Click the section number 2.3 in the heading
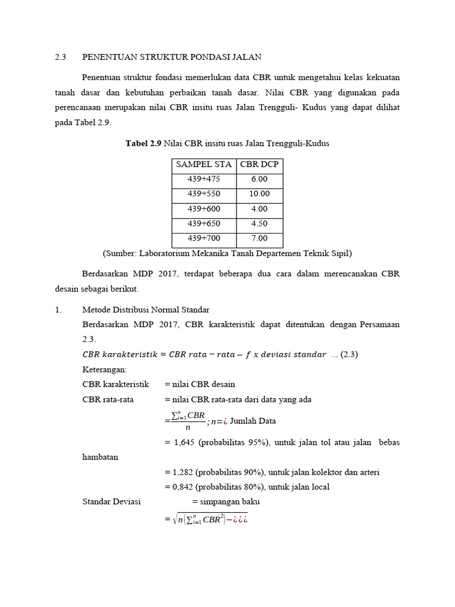pyautogui.click(x=60, y=57)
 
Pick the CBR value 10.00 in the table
pyautogui.click(x=259, y=194)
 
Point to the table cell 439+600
pyautogui.click(x=203, y=209)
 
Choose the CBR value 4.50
pyautogui.click(x=259, y=224)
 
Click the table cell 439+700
pyautogui.click(x=203, y=239)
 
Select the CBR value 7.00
pyautogui.click(x=259, y=239)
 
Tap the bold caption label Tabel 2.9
pyautogui.click(x=143, y=143)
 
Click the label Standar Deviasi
pyautogui.click(x=111, y=501)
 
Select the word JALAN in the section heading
pyautogui.click(x=247, y=57)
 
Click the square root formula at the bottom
pyautogui.click(x=209, y=520)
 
